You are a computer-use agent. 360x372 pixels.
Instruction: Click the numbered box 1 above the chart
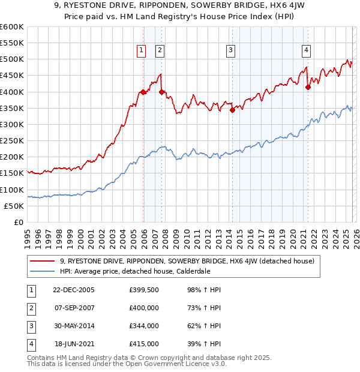click(x=141, y=50)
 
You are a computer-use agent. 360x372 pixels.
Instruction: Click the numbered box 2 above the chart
click(x=160, y=50)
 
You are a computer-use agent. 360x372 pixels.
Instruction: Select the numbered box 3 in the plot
click(x=231, y=50)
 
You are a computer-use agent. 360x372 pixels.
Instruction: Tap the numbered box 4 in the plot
click(x=306, y=50)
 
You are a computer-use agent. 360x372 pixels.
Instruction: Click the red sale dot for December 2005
click(x=143, y=92)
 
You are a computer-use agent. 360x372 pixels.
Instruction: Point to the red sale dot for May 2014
click(x=233, y=110)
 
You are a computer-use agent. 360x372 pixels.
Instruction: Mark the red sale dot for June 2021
click(x=308, y=87)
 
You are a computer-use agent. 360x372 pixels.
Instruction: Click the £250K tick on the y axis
click(x=11, y=140)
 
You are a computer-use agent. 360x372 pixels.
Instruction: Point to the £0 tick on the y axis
click(x=18, y=222)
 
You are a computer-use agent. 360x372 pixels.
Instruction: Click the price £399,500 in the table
click(x=143, y=290)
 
